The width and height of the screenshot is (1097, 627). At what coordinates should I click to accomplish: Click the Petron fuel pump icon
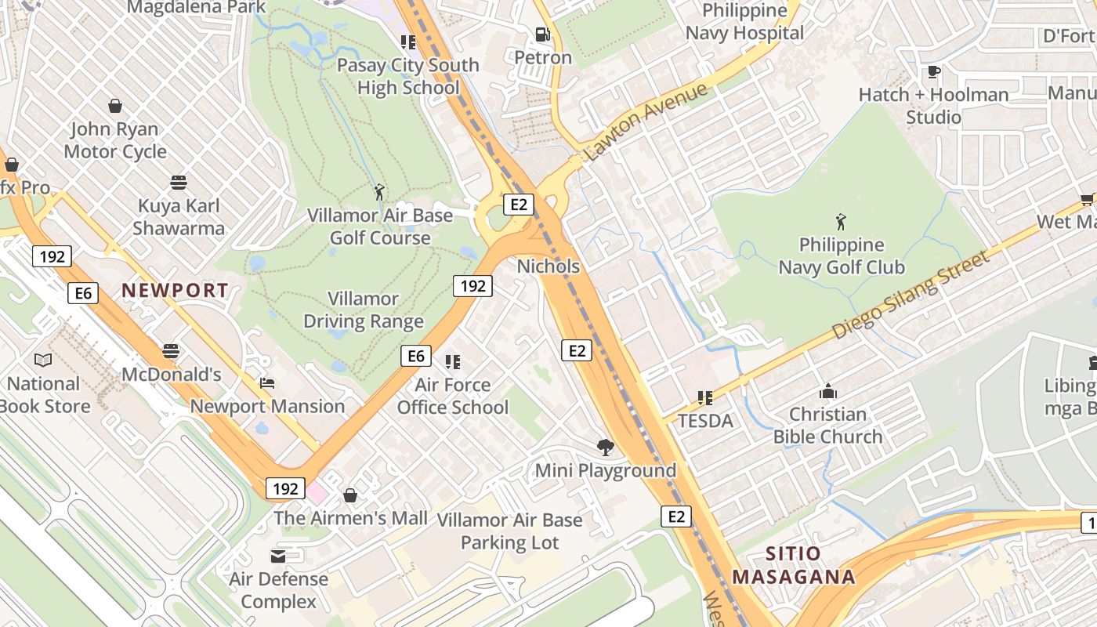click(542, 34)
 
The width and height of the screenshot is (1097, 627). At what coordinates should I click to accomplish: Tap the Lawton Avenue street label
click(646, 121)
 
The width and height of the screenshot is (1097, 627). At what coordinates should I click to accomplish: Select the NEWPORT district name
click(175, 290)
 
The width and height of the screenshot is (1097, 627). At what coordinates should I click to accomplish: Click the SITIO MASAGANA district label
click(793, 565)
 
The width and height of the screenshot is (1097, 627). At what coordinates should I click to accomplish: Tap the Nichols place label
click(548, 266)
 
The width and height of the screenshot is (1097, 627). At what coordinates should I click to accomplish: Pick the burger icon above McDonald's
click(171, 350)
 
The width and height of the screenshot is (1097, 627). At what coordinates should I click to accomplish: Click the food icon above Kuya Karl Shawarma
click(179, 183)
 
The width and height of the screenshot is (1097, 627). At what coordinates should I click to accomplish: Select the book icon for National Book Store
click(43, 360)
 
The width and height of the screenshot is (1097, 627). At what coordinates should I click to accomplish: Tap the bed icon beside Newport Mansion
click(267, 383)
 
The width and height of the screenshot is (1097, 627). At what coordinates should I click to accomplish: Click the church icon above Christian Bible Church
click(828, 391)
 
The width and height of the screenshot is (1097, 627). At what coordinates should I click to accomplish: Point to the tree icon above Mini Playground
click(605, 448)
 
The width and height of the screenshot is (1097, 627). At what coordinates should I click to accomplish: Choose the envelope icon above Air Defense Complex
click(278, 556)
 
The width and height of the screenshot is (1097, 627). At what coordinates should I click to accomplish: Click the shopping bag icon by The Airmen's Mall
click(350, 495)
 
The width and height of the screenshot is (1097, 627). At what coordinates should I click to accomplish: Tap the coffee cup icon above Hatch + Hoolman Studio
click(933, 72)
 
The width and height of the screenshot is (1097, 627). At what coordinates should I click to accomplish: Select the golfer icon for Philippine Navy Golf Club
click(841, 222)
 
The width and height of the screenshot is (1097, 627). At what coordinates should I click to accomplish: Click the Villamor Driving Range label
click(364, 310)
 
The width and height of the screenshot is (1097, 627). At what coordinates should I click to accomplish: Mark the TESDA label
click(705, 421)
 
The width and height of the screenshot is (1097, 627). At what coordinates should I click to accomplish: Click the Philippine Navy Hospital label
click(744, 22)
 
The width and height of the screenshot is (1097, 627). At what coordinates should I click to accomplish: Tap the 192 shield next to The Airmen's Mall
click(285, 488)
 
